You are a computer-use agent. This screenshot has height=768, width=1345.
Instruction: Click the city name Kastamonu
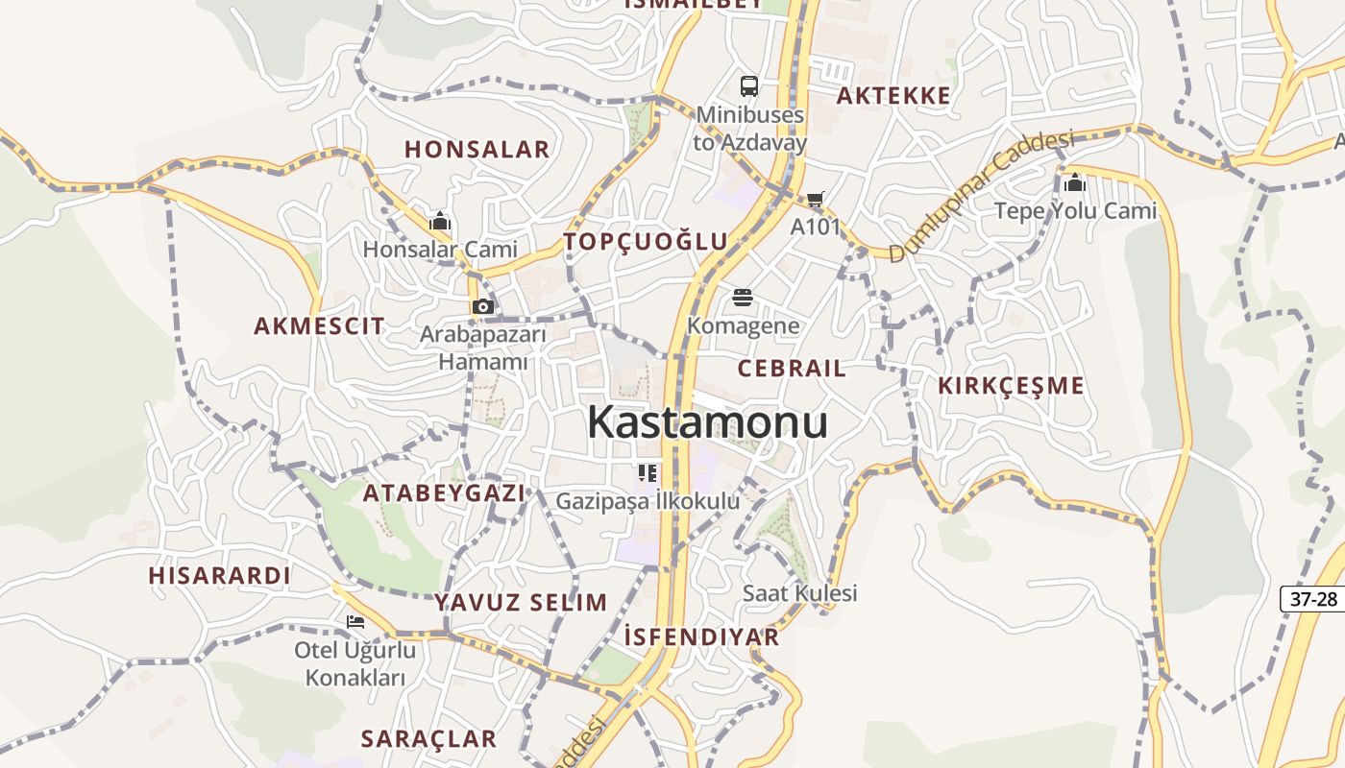(x=707, y=421)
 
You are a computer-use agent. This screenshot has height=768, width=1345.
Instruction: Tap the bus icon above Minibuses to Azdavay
(x=749, y=86)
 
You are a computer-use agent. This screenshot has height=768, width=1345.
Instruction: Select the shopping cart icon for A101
(x=815, y=200)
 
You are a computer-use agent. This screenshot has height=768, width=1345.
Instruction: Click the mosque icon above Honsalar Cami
(x=440, y=222)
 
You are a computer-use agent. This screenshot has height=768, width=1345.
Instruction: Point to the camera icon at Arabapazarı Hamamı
(x=482, y=306)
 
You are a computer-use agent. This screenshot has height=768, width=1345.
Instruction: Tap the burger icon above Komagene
(x=743, y=298)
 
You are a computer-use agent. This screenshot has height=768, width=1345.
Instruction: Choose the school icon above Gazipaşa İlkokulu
(x=648, y=472)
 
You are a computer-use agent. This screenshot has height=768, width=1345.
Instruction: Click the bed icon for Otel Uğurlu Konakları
(x=355, y=622)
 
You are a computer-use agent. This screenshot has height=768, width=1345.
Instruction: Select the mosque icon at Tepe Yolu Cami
(x=1074, y=181)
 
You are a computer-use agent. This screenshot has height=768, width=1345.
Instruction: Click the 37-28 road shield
(x=1313, y=599)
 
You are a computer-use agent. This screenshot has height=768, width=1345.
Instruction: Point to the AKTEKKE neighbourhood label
(x=893, y=95)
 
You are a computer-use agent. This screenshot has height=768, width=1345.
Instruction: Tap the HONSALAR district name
(x=477, y=149)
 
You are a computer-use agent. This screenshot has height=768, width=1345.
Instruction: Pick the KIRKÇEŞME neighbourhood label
(x=1011, y=386)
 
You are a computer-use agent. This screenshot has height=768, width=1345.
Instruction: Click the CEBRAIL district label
(x=792, y=368)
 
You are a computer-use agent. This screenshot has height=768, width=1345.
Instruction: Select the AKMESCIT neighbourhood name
(x=319, y=325)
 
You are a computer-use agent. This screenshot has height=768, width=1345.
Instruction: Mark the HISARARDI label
(x=219, y=575)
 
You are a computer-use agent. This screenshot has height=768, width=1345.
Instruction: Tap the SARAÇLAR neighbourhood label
(x=428, y=738)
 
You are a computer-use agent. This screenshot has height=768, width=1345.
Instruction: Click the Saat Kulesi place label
(x=799, y=593)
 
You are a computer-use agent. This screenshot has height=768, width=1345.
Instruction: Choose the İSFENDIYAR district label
(x=701, y=636)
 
